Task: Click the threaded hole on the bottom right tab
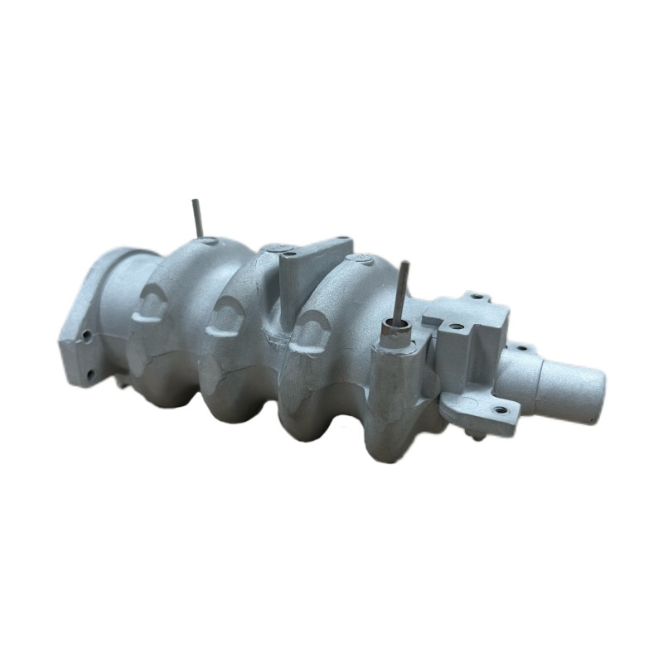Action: click(499, 409)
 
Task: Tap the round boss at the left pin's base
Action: click(207, 241)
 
